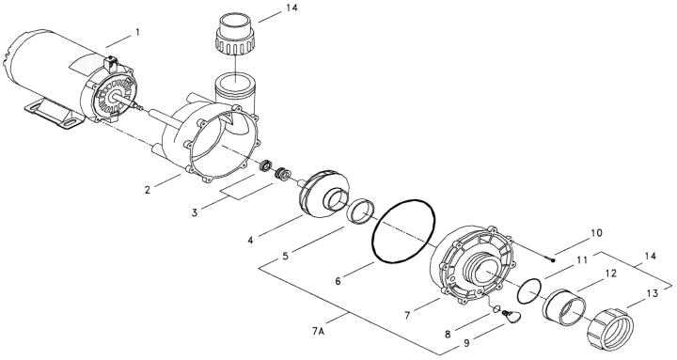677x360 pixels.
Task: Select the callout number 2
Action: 148,189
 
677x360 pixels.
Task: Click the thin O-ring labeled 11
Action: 531,289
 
